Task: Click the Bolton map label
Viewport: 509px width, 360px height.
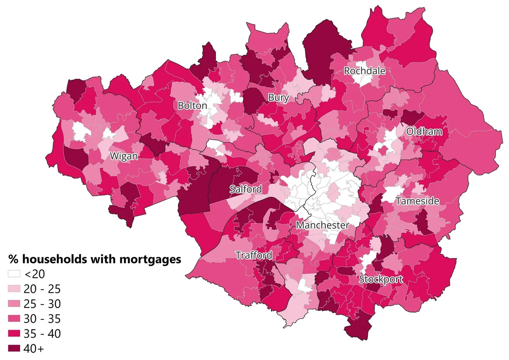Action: point(192,105)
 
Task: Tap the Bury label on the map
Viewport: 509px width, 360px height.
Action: point(278,98)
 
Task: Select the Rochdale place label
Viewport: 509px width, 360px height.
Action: point(364,71)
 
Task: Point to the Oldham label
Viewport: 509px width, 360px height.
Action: point(424,132)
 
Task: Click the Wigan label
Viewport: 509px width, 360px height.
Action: point(123,157)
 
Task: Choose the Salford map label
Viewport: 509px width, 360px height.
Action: point(246,189)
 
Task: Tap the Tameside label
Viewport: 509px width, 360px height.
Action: point(417,201)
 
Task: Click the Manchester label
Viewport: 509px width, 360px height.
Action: point(322,225)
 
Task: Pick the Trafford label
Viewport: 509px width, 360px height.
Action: point(254,255)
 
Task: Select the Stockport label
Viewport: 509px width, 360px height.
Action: point(380,279)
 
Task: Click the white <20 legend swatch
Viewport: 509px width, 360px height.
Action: point(14,274)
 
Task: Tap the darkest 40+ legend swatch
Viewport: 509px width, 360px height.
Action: point(14,348)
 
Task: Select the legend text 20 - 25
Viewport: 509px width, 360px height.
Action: point(42,289)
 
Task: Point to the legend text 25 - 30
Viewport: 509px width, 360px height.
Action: point(42,304)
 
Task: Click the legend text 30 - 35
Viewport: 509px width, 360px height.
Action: point(42,319)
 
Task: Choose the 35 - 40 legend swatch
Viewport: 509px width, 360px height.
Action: point(14,333)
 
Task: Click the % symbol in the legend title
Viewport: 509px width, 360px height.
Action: point(13,259)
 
